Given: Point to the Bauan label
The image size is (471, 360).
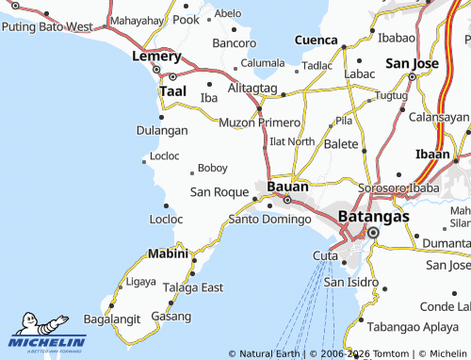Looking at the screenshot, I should pyautogui.click(x=287, y=186).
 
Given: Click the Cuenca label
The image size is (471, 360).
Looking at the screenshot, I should pyautogui.click(x=316, y=41).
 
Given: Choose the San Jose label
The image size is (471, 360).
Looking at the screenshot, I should pyautogui.click(x=413, y=62).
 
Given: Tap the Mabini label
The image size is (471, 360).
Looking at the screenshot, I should pyautogui.click(x=168, y=254).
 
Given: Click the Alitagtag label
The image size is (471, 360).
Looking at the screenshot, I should pyautogui.click(x=252, y=88).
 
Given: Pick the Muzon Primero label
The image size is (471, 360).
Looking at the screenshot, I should pyautogui.click(x=259, y=123).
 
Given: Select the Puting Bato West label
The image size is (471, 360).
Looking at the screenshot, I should pyautogui.click(x=46, y=26).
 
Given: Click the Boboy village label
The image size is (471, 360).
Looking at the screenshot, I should pyautogui.click(x=213, y=168).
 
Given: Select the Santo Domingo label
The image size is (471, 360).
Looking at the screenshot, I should pyautogui.click(x=269, y=220).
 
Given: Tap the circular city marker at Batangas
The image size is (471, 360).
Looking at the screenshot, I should pyautogui.click(x=373, y=233).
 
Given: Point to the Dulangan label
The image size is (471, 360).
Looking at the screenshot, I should pyautogui.click(x=162, y=131).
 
